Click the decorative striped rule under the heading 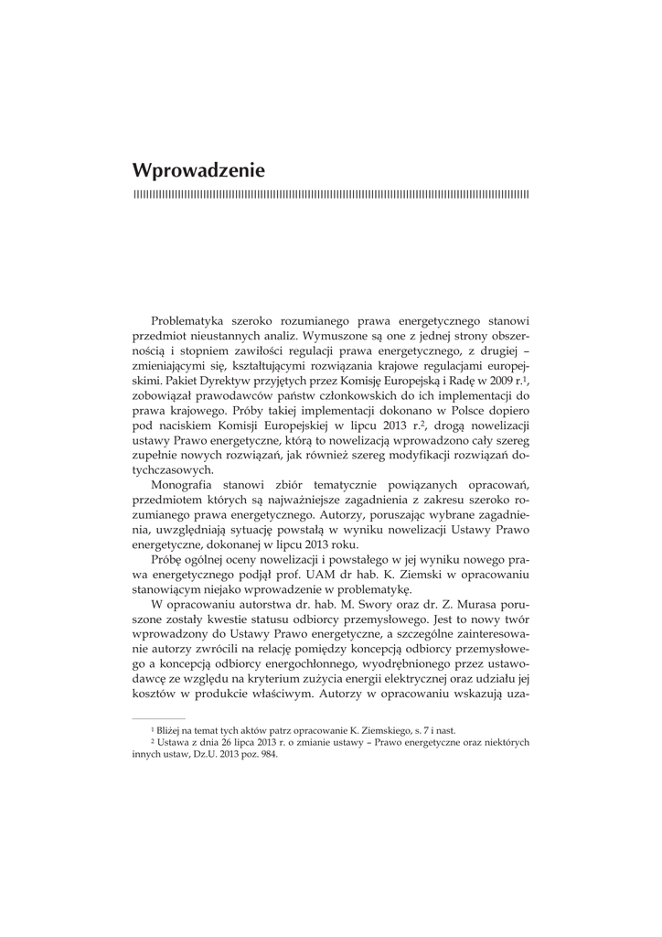331,194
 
